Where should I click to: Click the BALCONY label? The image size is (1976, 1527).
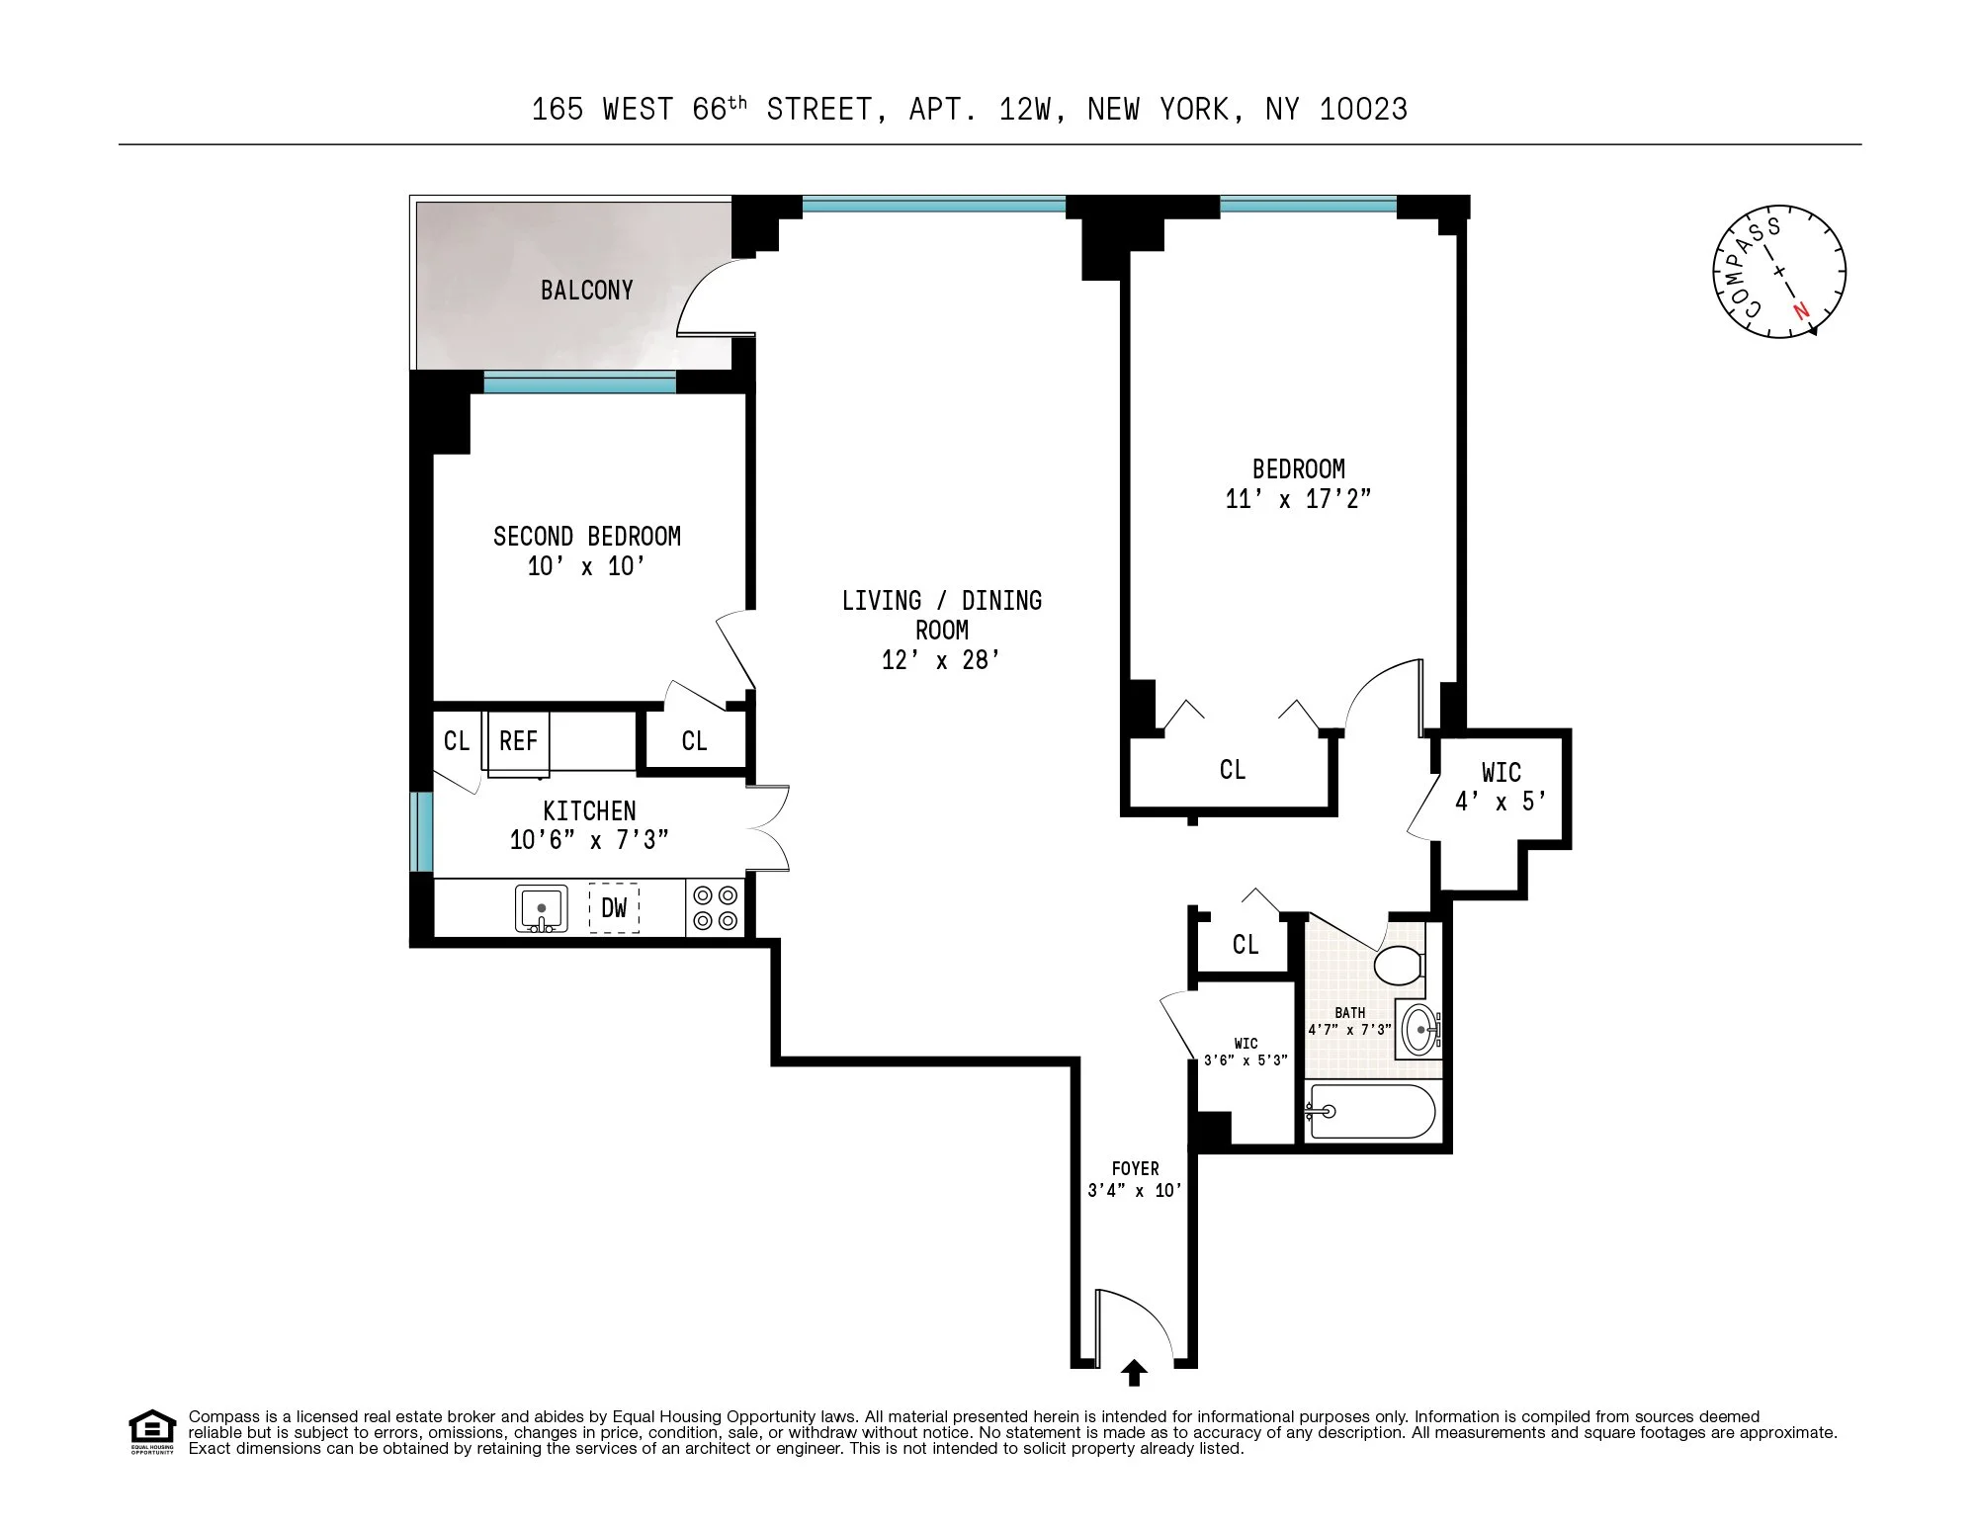[586, 291]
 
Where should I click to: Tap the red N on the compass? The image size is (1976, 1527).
[1801, 310]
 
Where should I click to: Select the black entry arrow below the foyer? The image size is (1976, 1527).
[1134, 1373]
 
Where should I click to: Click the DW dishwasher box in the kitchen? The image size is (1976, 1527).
[614, 907]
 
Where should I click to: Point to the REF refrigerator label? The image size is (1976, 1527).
[518, 741]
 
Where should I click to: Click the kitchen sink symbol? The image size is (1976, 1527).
[542, 908]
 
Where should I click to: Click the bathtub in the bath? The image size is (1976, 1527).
[1370, 1112]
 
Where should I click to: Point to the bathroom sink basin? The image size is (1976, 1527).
[1420, 1030]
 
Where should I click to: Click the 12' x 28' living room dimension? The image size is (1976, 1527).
[941, 660]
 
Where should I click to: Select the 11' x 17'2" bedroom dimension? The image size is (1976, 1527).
[1298, 499]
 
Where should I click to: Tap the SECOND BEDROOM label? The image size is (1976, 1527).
[587, 537]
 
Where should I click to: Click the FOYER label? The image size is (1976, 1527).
[1135, 1168]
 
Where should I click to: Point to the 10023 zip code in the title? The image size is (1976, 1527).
[1363, 109]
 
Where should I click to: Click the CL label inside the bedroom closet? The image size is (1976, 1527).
[1233, 770]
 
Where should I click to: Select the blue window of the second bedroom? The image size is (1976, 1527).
[580, 382]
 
